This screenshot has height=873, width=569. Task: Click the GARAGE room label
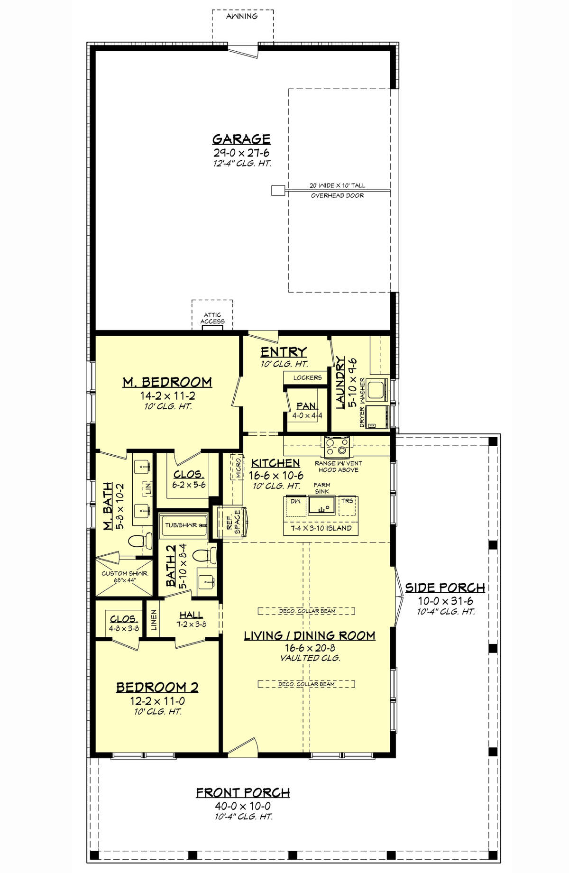(241, 139)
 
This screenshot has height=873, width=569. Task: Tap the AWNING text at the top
(242, 16)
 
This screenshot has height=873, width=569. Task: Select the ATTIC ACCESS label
(212, 318)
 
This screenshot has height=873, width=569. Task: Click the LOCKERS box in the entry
(307, 377)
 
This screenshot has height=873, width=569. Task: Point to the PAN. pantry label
(306, 406)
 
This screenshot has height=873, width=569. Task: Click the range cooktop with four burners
(337, 445)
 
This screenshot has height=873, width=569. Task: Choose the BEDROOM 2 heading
(157, 687)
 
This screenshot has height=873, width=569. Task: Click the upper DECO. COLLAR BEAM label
(306, 611)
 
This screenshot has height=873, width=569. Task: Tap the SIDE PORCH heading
(445, 588)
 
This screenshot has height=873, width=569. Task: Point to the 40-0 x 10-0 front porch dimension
(243, 806)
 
